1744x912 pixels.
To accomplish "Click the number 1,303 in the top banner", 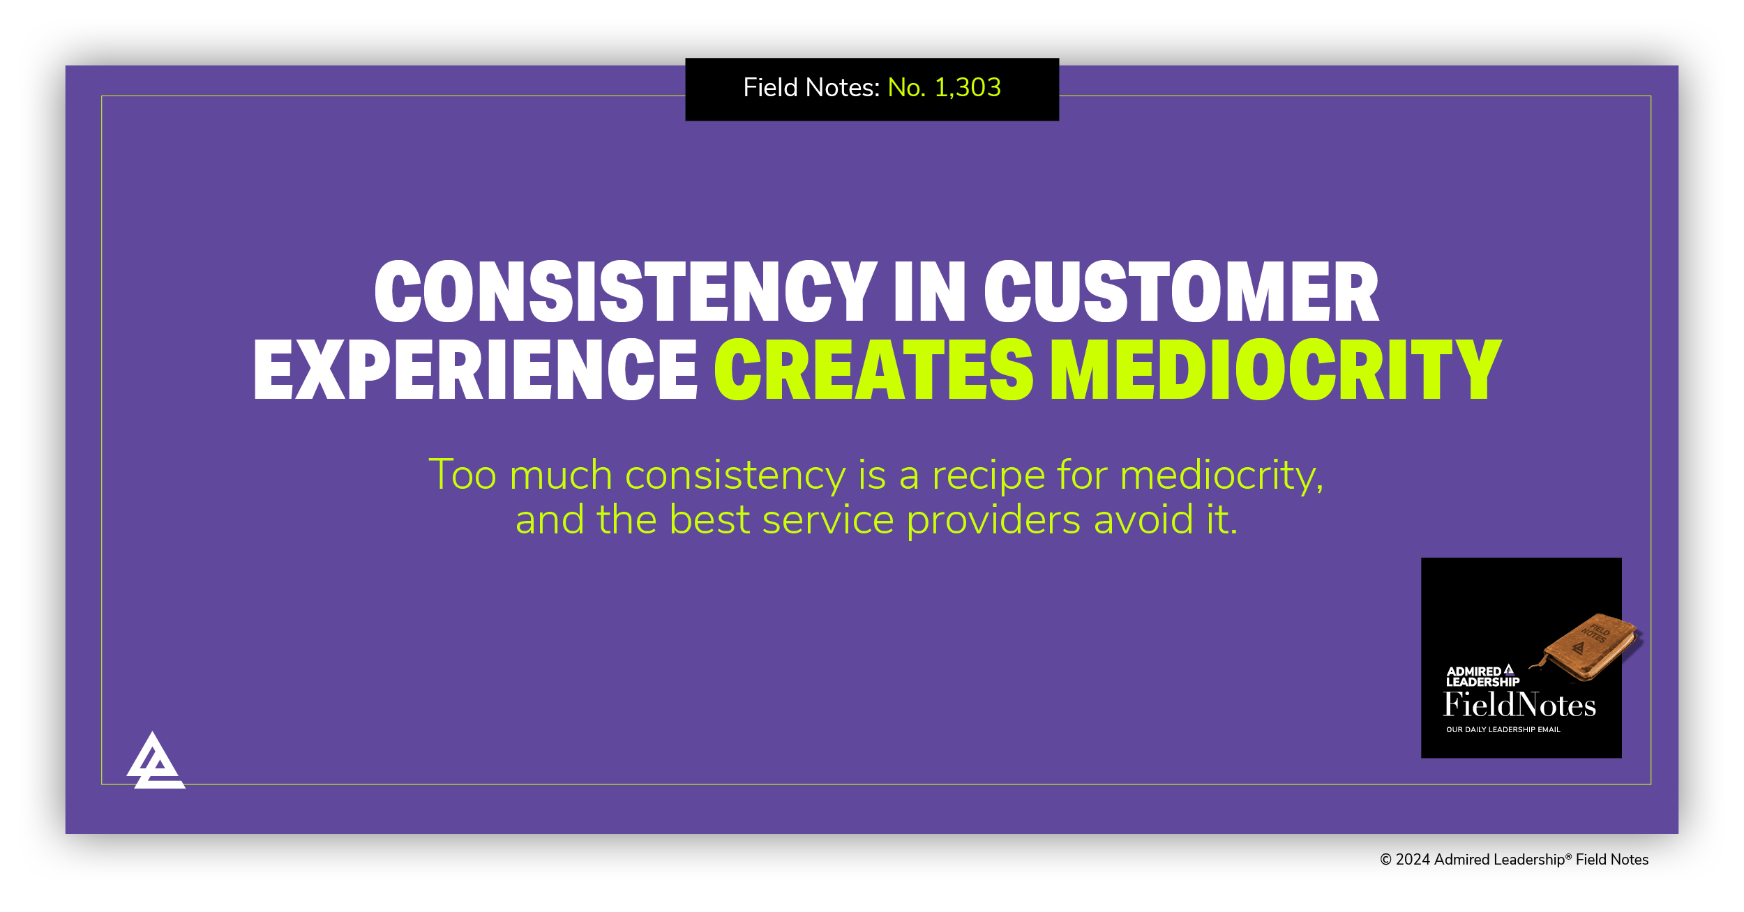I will [967, 88].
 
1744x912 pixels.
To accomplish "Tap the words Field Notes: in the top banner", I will [811, 88].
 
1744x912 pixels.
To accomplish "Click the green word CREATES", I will [873, 369].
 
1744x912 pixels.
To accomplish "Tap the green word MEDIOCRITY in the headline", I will [1276, 369].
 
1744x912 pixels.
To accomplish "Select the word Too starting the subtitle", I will [462, 476].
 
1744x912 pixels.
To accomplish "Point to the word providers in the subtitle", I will [993, 521].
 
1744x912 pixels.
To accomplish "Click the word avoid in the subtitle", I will [1143, 521].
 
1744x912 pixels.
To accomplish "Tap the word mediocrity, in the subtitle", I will [1221, 476].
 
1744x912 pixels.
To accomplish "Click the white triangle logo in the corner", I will [155, 763].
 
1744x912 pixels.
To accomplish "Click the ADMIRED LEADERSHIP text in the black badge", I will [1482, 676].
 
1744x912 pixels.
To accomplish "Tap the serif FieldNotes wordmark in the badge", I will [1519, 705].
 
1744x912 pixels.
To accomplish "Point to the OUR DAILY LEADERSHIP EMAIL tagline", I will [1503, 730].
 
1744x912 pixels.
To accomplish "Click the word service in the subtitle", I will [828, 521].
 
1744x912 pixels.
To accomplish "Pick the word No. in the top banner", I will [906, 88].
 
